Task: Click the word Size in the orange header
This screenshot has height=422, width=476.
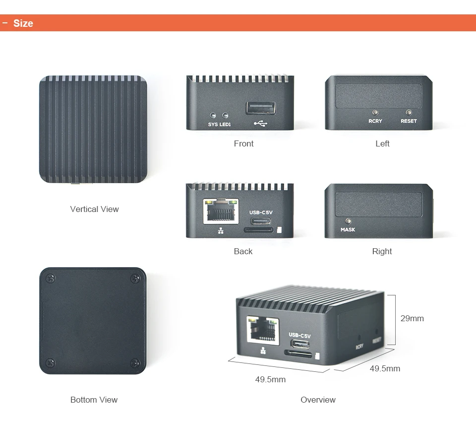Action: click(x=23, y=23)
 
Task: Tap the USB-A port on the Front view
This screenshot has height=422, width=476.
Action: click(x=260, y=108)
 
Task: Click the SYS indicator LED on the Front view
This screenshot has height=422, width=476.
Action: click(x=213, y=114)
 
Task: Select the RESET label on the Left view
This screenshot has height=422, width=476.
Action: click(x=409, y=121)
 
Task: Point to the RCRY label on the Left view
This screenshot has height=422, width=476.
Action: click(x=375, y=121)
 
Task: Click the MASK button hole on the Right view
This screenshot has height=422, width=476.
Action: click(x=348, y=220)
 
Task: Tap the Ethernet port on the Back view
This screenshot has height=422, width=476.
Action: click(x=221, y=212)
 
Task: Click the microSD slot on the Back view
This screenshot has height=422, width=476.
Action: click(x=258, y=230)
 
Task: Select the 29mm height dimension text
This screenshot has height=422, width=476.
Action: click(x=412, y=318)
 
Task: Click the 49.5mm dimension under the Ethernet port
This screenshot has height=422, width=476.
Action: click(x=270, y=379)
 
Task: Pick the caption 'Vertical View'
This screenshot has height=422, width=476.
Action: click(x=94, y=209)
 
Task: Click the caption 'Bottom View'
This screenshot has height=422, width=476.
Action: click(x=94, y=400)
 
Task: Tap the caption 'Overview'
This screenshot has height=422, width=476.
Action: click(x=318, y=400)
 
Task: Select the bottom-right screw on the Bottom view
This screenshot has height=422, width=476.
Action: click(x=135, y=363)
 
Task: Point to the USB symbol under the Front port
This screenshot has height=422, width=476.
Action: click(x=260, y=123)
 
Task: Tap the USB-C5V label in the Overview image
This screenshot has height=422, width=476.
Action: click(x=299, y=335)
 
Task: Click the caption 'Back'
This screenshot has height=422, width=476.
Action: click(x=243, y=251)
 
